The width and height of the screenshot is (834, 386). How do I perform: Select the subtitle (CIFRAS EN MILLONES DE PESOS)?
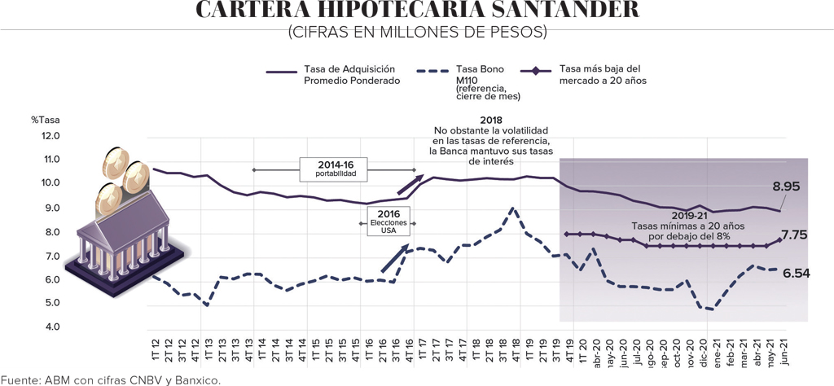click(x=416, y=32)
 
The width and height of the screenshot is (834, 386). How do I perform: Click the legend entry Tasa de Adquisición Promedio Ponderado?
click(x=351, y=74)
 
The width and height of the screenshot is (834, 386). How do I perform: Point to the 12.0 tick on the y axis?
click(x=50, y=135)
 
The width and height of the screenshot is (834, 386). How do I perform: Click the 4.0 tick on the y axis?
click(x=50, y=327)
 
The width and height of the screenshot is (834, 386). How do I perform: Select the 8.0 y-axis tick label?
click(x=50, y=232)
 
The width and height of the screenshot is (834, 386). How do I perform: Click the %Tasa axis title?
click(x=46, y=120)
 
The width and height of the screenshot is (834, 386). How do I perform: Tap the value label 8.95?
click(x=786, y=186)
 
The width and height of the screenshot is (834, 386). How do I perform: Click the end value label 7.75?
click(x=794, y=235)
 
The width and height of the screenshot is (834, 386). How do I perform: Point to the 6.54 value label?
click(x=796, y=274)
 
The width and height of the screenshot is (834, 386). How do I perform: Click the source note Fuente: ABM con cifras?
click(x=111, y=379)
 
